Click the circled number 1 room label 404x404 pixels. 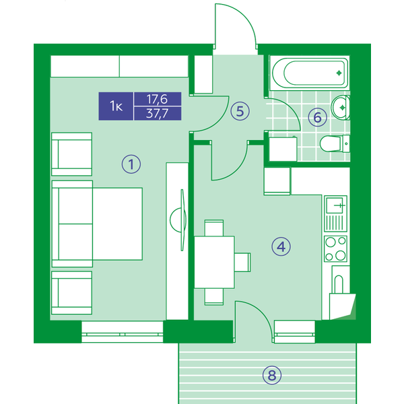pos(131,164)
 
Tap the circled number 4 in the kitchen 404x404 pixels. pos(281,246)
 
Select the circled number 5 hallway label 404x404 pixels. pos(240,111)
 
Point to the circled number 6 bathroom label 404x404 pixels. pos(317,117)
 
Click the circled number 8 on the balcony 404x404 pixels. pos(272,375)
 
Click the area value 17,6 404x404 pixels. pos(157,99)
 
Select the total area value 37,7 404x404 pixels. pos(157,113)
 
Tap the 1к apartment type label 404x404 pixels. pos(116,106)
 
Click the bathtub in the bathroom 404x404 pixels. pos(310,73)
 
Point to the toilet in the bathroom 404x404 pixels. pos(335,143)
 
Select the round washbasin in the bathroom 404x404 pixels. pos(340,108)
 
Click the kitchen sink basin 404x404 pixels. pos(335,205)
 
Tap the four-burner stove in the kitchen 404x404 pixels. pos(335,248)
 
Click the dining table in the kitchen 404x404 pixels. pos(214,262)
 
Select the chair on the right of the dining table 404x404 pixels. pos(242,262)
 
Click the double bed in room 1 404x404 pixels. pos(97,224)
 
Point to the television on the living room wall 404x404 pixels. pos(182,220)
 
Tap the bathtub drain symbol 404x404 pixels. pos(339,73)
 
